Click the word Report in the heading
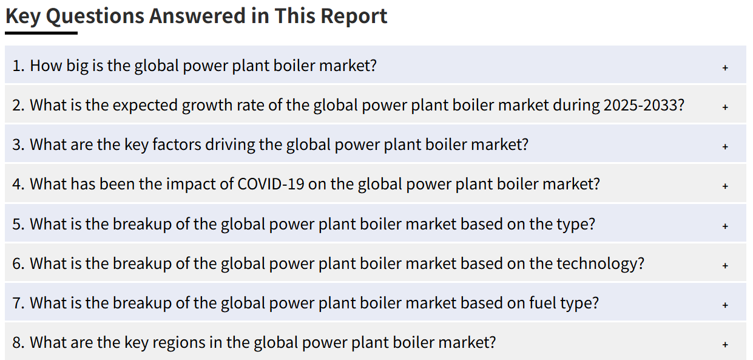point(354,16)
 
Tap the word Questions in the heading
point(95,16)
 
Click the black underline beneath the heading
point(41,33)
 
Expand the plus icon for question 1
point(725,67)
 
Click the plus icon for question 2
point(725,107)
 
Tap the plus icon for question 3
point(725,147)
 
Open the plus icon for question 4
point(725,186)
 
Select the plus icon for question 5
point(725,226)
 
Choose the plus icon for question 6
point(725,265)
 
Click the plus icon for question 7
point(725,305)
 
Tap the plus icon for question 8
point(725,345)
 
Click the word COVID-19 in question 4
point(271,184)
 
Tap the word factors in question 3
point(177,144)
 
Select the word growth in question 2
point(204,106)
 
